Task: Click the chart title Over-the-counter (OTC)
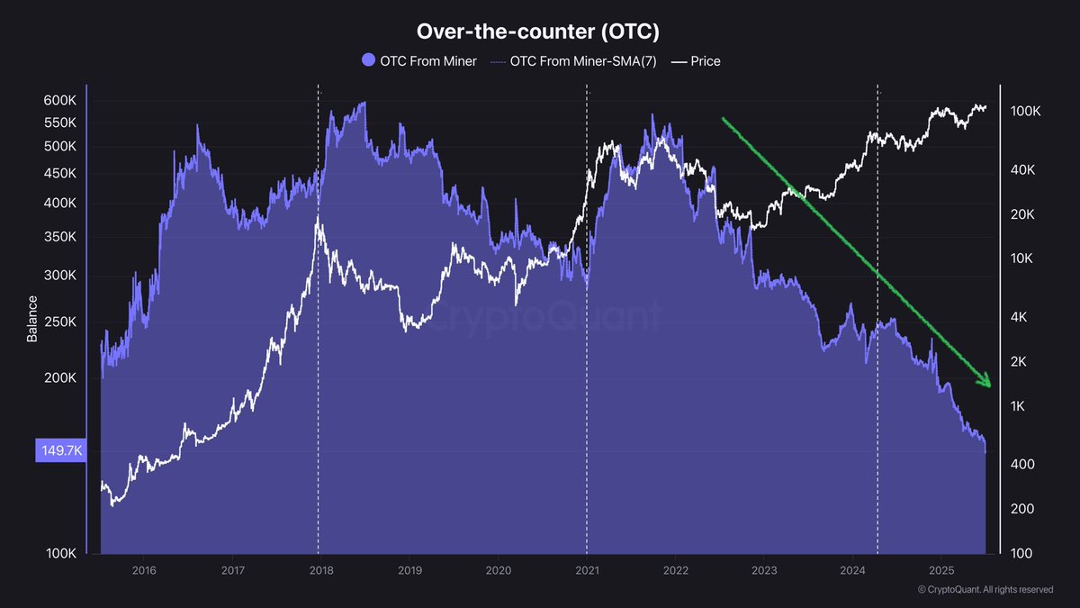[538, 32]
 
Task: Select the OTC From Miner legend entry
[419, 61]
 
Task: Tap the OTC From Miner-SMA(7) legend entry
[575, 61]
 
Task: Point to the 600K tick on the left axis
[59, 100]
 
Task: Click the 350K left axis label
[59, 237]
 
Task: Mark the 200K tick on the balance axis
[59, 378]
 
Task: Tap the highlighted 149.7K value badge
[59, 451]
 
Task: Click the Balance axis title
[32, 319]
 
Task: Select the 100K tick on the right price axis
[1026, 112]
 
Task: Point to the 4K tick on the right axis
[1019, 317]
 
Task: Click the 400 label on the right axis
[1021, 464]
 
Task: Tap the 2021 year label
[587, 570]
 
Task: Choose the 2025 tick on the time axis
[940, 570]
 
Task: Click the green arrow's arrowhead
[986, 382]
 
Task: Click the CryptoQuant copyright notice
[985, 590]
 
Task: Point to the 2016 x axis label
[144, 570]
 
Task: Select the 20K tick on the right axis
[1022, 214]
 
